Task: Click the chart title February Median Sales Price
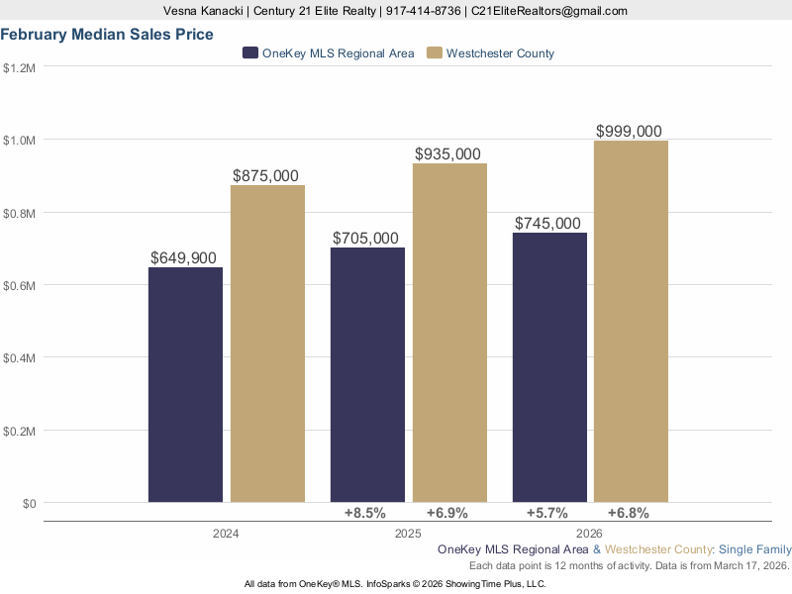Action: click(x=107, y=35)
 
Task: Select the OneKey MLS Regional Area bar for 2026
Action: click(x=549, y=367)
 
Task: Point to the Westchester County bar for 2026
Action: click(x=631, y=321)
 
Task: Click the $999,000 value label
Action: click(x=629, y=132)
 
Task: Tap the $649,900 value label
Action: click(x=183, y=257)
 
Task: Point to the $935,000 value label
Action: click(x=447, y=154)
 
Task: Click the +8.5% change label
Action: click(x=364, y=513)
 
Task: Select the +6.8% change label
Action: click(x=628, y=513)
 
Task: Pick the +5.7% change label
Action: click(x=546, y=513)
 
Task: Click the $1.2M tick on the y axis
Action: click(x=20, y=68)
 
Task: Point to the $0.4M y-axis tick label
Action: click(x=20, y=358)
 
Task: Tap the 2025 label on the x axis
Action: click(x=407, y=534)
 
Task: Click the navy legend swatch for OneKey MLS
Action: click(x=250, y=53)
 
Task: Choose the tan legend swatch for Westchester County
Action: click(x=434, y=53)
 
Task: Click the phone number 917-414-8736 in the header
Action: click(x=423, y=11)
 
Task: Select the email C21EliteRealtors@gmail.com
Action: click(x=549, y=11)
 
